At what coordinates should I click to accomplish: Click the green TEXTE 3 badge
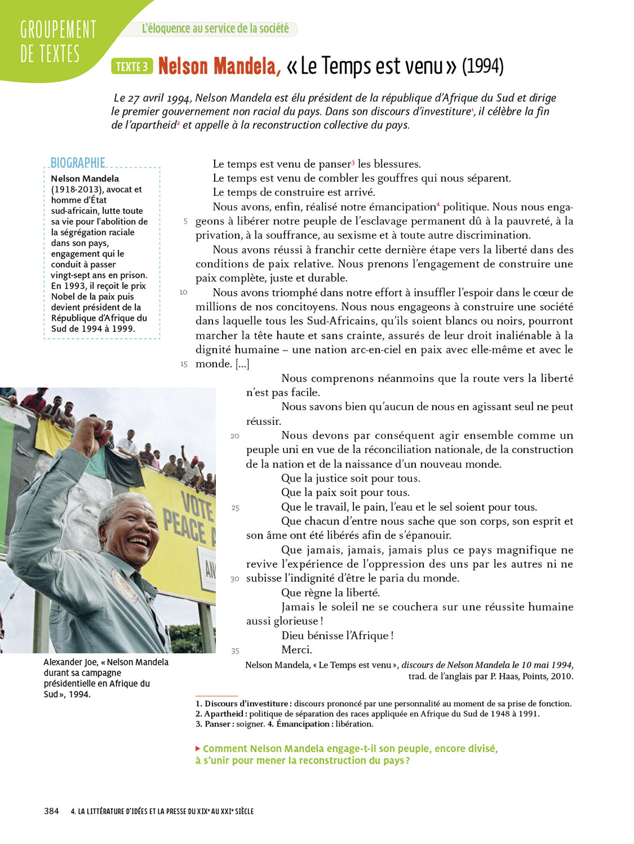click(132, 66)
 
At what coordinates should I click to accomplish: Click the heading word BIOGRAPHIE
click(78, 163)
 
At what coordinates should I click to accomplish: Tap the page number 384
click(51, 811)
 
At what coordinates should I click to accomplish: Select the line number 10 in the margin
click(183, 292)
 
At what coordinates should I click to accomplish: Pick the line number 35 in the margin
click(235, 651)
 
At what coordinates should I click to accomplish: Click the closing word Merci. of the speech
click(296, 649)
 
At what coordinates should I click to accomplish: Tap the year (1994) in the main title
click(482, 66)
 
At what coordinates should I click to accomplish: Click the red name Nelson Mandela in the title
click(219, 66)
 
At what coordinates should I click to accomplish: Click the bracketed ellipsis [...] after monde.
click(242, 364)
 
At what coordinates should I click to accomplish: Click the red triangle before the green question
click(198, 748)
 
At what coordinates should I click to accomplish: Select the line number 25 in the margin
click(235, 508)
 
